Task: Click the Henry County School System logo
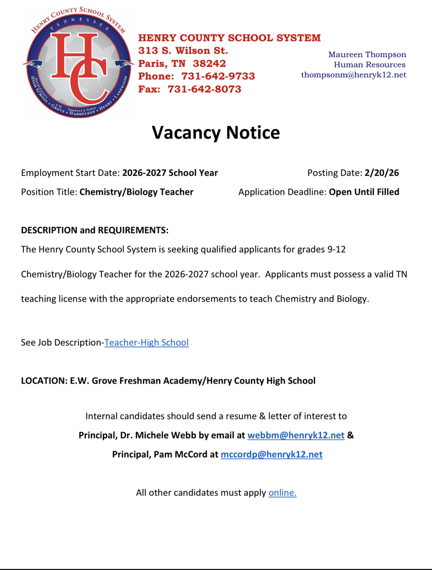[76, 63]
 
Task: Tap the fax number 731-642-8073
[204, 89]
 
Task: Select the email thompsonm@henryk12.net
[353, 75]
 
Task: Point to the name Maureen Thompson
[367, 55]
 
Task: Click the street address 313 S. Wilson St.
[183, 51]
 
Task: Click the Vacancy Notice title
[215, 132]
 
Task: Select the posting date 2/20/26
[381, 173]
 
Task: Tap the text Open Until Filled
[364, 192]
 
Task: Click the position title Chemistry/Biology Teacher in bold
[136, 192]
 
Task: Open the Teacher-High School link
[146, 343]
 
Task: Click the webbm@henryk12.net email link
[296, 435]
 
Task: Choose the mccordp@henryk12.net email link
[272, 454]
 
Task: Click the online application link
[282, 493]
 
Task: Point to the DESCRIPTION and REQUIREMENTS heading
[95, 230]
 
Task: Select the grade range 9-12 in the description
[336, 249]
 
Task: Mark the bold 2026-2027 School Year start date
[170, 173]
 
